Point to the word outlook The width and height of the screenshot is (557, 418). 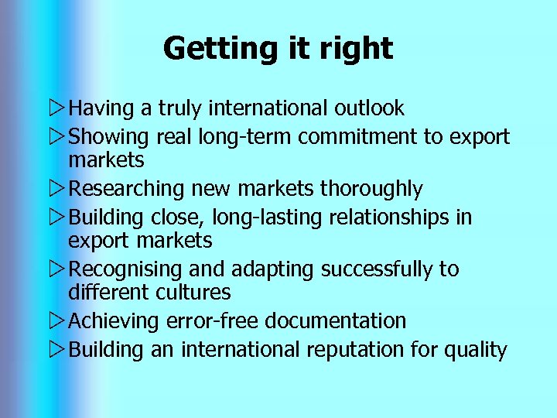click(x=367, y=108)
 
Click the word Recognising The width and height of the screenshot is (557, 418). click(x=126, y=269)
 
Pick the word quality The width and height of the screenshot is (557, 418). click(x=475, y=350)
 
